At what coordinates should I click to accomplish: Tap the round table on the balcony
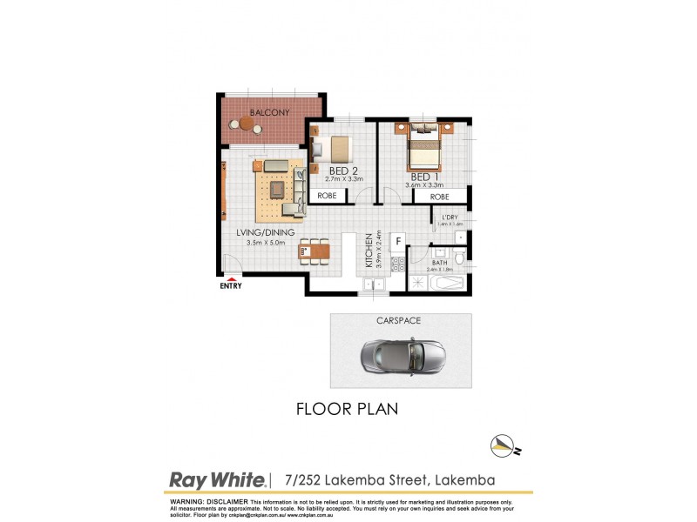pos(247,127)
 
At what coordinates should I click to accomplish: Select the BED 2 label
pos(344,170)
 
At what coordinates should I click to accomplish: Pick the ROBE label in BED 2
pos(328,197)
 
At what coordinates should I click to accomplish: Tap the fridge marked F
pos(398,240)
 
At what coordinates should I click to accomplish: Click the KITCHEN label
pos(369,250)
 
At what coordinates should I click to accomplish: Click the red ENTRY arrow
pos(230,278)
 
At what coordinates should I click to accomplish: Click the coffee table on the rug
pos(278,189)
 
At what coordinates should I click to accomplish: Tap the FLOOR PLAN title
pos(348,409)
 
